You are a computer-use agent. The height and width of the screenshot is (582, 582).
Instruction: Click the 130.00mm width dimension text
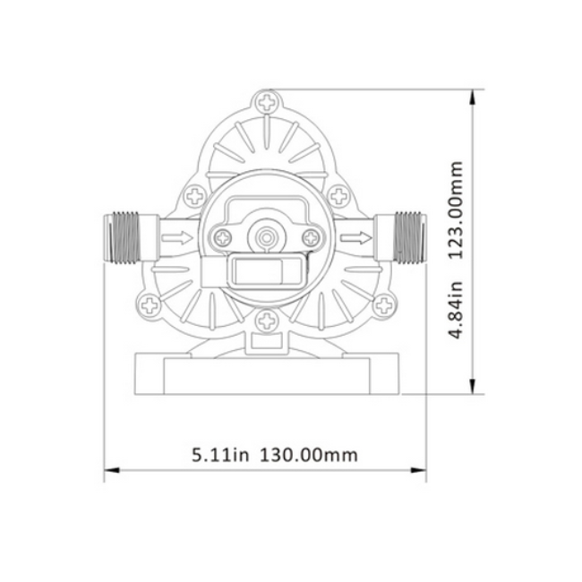[308, 455]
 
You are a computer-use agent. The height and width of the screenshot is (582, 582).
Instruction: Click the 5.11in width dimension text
[220, 455]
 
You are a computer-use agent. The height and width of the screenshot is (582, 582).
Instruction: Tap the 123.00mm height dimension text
[457, 210]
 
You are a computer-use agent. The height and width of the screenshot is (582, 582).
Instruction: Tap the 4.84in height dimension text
[457, 310]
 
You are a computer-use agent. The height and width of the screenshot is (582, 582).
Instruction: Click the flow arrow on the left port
[177, 237]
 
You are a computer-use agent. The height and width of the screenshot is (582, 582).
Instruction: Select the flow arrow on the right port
[356, 237]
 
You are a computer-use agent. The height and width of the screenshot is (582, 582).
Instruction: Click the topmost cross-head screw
[267, 102]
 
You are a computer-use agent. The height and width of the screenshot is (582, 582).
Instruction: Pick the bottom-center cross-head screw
[266, 321]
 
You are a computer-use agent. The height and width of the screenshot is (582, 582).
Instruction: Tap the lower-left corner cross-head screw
[150, 305]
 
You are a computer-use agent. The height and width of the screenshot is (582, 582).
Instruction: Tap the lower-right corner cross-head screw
[383, 305]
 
